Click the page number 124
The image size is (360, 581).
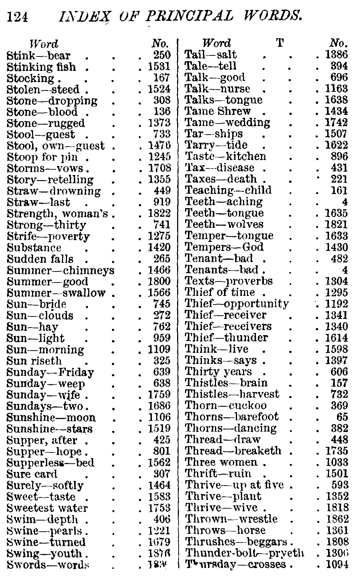(18, 17)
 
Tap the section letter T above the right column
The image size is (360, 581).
(279, 44)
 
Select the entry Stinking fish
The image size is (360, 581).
(41, 67)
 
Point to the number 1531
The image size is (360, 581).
(159, 67)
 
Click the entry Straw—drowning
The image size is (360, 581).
(54, 191)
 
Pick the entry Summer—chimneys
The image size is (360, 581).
(60, 270)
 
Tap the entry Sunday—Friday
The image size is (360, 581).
(50, 372)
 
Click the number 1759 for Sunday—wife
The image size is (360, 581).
(159, 395)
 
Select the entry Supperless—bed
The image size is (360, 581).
(50, 463)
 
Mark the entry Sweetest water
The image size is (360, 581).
(47, 508)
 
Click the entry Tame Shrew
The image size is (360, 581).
(217, 111)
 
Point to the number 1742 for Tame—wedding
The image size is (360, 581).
(337, 122)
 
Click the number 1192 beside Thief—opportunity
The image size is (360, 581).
(337, 304)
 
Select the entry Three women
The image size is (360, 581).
(221, 462)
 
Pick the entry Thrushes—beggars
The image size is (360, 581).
(236, 542)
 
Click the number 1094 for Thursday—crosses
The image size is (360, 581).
(337, 564)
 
